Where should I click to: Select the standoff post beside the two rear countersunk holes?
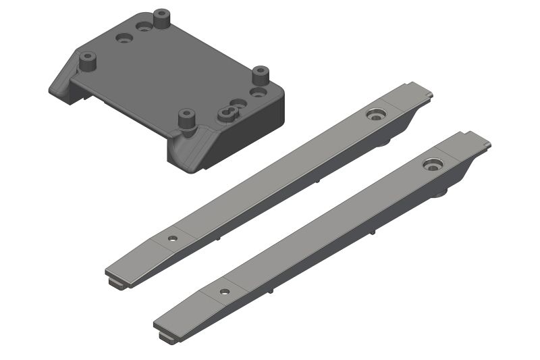tap(161, 18)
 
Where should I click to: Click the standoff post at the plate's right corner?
tap(260, 74)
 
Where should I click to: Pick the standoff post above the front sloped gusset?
tap(186, 120)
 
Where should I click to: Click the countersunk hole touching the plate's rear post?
tap(144, 27)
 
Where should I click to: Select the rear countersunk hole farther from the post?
tap(124, 39)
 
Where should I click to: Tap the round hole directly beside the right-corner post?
tap(257, 91)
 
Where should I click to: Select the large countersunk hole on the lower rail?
tap(433, 164)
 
